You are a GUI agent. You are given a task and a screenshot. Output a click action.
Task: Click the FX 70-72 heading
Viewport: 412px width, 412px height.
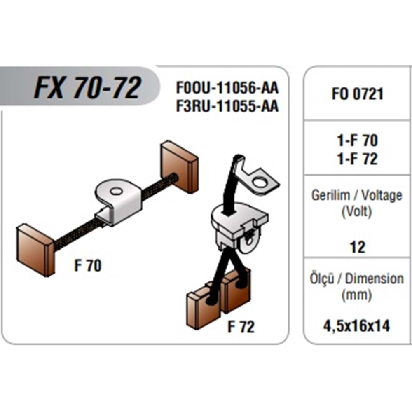click(x=87, y=88)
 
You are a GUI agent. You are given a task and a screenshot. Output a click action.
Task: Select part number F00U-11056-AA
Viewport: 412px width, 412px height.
click(x=227, y=88)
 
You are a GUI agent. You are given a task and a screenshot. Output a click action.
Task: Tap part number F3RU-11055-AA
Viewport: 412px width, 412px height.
click(x=227, y=106)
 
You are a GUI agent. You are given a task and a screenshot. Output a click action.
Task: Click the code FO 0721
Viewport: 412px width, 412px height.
click(x=357, y=94)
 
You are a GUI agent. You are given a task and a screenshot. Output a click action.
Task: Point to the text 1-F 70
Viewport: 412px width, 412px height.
click(x=357, y=141)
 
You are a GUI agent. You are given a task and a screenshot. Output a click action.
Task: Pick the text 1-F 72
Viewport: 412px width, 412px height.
click(x=357, y=159)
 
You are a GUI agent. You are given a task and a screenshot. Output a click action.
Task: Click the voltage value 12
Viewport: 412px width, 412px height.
click(x=357, y=247)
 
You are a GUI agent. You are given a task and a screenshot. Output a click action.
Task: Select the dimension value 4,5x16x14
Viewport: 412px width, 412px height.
click(x=357, y=326)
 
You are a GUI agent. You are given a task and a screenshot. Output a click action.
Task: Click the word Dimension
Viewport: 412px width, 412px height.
click(x=374, y=279)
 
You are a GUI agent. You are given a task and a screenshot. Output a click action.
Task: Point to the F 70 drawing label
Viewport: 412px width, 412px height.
click(x=87, y=266)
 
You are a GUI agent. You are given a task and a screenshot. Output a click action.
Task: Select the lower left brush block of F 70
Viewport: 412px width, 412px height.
click(x=35, y=249)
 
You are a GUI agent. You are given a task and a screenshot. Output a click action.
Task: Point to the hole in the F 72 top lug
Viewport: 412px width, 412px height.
click(x=260, y=181)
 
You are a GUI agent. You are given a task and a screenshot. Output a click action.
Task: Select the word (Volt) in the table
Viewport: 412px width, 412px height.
click(x=357, y=213)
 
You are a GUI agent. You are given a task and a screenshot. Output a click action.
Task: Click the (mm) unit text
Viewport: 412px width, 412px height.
click(x=357, y=295)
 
